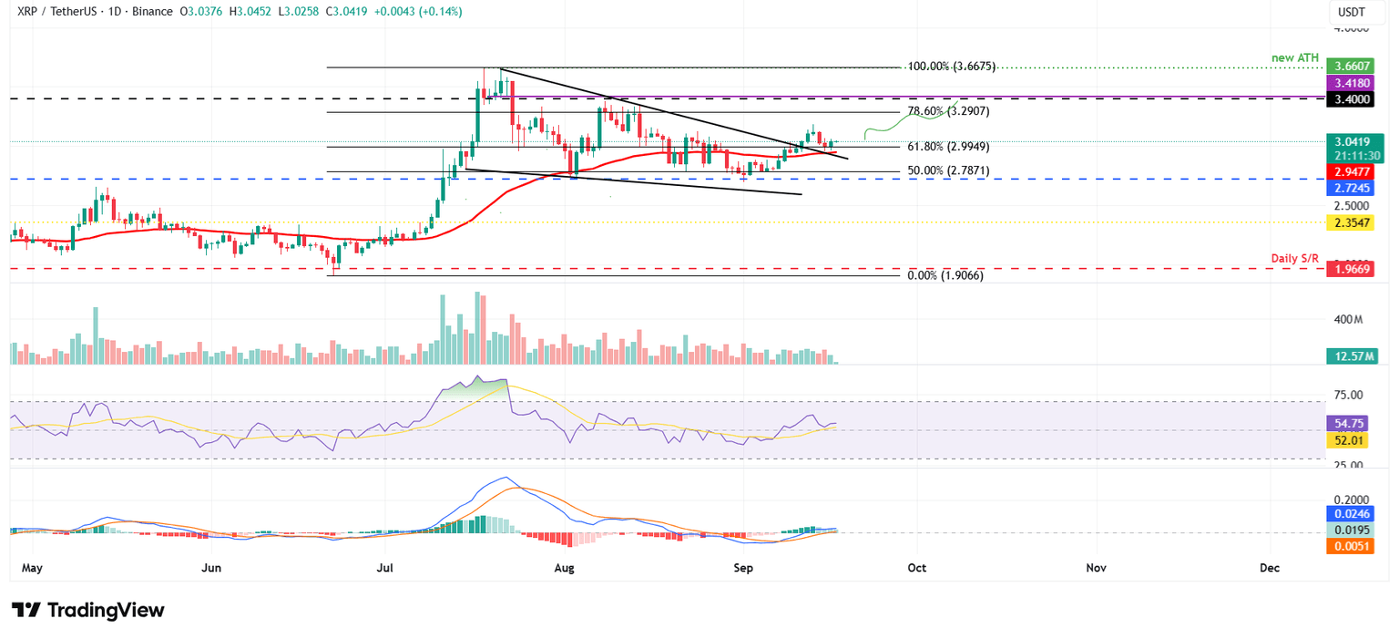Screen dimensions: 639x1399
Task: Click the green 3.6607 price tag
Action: pos(1352,67)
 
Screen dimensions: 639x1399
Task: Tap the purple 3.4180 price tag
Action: pos(1352,83)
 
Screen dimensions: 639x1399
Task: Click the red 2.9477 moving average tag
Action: pos(1352,170)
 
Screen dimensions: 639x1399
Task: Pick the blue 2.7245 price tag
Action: pos(1352,188)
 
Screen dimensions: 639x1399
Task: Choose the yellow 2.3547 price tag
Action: pos(1352,222)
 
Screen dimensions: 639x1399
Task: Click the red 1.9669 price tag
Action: pos(1352,270)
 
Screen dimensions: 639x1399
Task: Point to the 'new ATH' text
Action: pos(1294,57)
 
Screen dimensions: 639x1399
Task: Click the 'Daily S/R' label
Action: pos(1294,259)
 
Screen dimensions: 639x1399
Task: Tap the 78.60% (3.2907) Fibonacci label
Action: pos(948,111)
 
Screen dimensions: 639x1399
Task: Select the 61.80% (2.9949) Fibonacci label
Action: pos(948,147)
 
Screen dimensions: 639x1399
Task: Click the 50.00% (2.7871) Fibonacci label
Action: pos(948,170)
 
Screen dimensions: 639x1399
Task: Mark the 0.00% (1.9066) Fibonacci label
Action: pos(945,274)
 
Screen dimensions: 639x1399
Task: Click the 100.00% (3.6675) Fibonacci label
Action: pos(952,67)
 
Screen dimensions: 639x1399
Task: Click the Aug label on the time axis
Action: pos(564,567)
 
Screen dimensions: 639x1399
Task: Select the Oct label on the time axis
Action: pos(916,567)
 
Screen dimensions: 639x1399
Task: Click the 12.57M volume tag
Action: pos(1352,356)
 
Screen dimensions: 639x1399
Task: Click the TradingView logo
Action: pos(88,610)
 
